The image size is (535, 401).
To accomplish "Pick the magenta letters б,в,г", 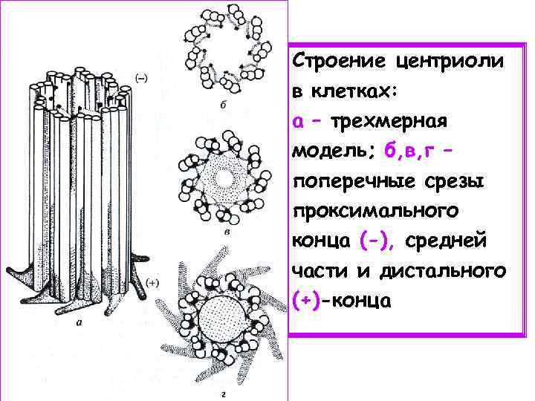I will (413, 151).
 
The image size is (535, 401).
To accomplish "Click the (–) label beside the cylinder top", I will (140, 77).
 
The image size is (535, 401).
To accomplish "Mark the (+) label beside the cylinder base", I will (154, 282).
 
